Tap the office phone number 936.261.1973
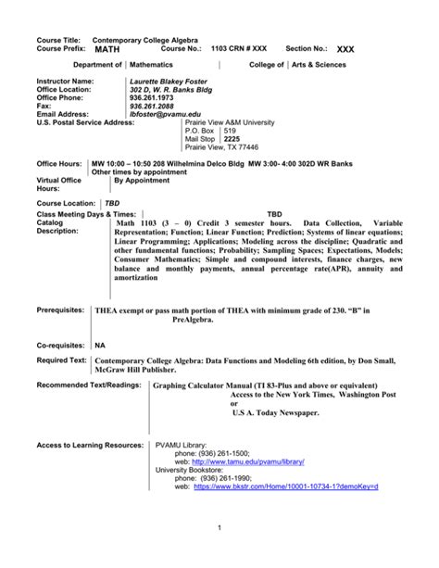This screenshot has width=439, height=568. [x=154, y=97]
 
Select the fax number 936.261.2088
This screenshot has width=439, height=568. [x=154, y=106]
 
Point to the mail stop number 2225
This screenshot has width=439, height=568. [x=225, y=138]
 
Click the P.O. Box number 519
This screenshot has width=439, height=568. [x=224, y=130]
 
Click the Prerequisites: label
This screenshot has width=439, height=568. [x=61, y=311]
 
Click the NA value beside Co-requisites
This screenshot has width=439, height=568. [x=101, y=343]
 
